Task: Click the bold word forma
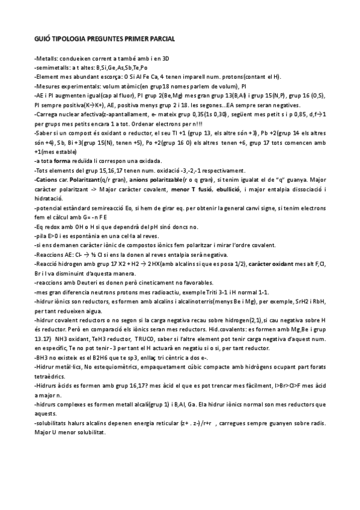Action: click(x=64, y=161)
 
